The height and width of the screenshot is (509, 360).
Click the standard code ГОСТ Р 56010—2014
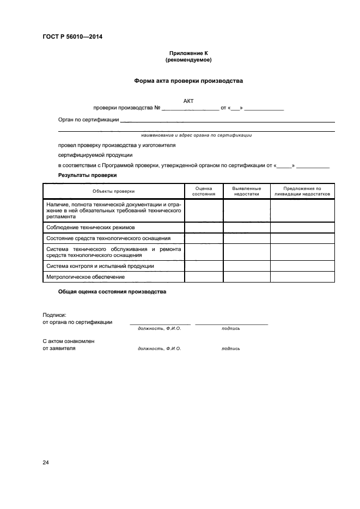[72, 37]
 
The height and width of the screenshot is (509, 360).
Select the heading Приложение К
[188, 53]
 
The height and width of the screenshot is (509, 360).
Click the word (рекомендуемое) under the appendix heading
[188, 60]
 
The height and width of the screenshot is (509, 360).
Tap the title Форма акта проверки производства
[188, 81]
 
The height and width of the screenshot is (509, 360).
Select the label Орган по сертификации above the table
[88, 120]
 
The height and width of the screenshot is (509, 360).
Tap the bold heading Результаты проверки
[87, 175]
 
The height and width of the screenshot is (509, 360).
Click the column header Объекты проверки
[113, 191]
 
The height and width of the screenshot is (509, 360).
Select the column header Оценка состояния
[204, 191]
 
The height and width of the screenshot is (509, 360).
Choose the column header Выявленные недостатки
[246, 191]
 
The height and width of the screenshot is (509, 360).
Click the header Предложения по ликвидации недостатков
[302, 191]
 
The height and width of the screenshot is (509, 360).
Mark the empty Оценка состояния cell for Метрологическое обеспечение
[204, 277]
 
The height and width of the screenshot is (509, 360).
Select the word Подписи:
[54, 315]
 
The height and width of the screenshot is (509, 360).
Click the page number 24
[46, 463]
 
